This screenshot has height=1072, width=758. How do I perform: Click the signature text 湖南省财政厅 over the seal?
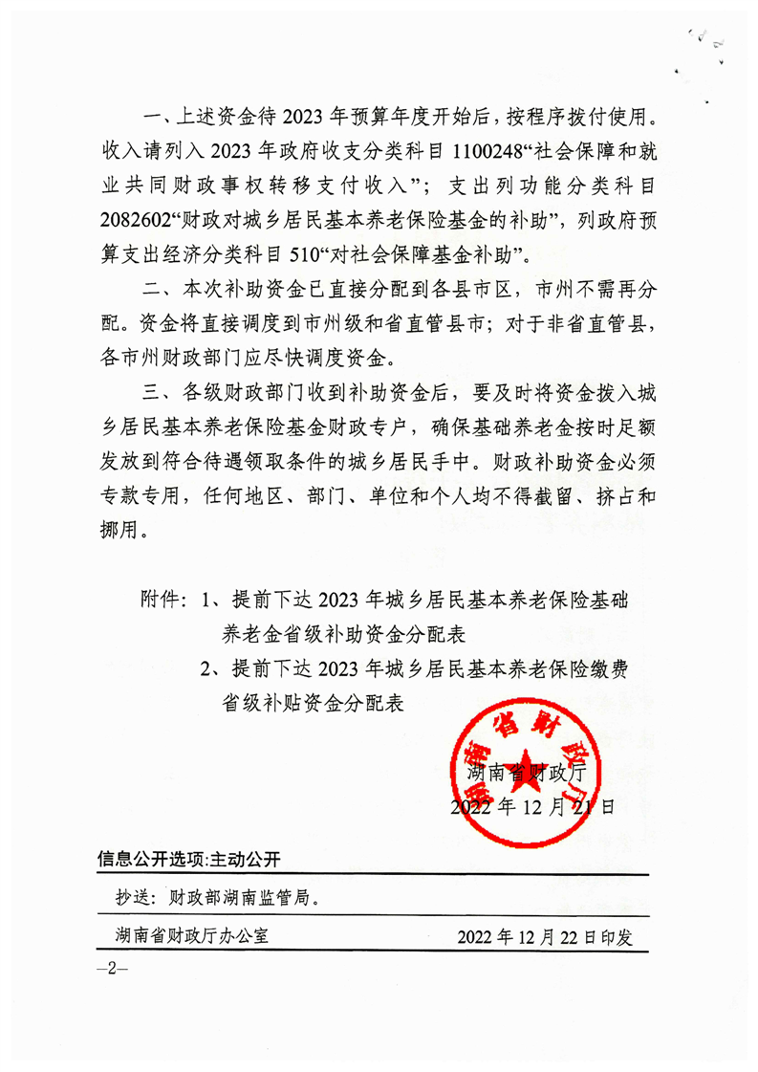(x=530, y=772)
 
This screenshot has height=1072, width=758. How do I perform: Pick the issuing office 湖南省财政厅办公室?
(x=189, y=936)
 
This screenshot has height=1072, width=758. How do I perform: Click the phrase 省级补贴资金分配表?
(x=314, y=703)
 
